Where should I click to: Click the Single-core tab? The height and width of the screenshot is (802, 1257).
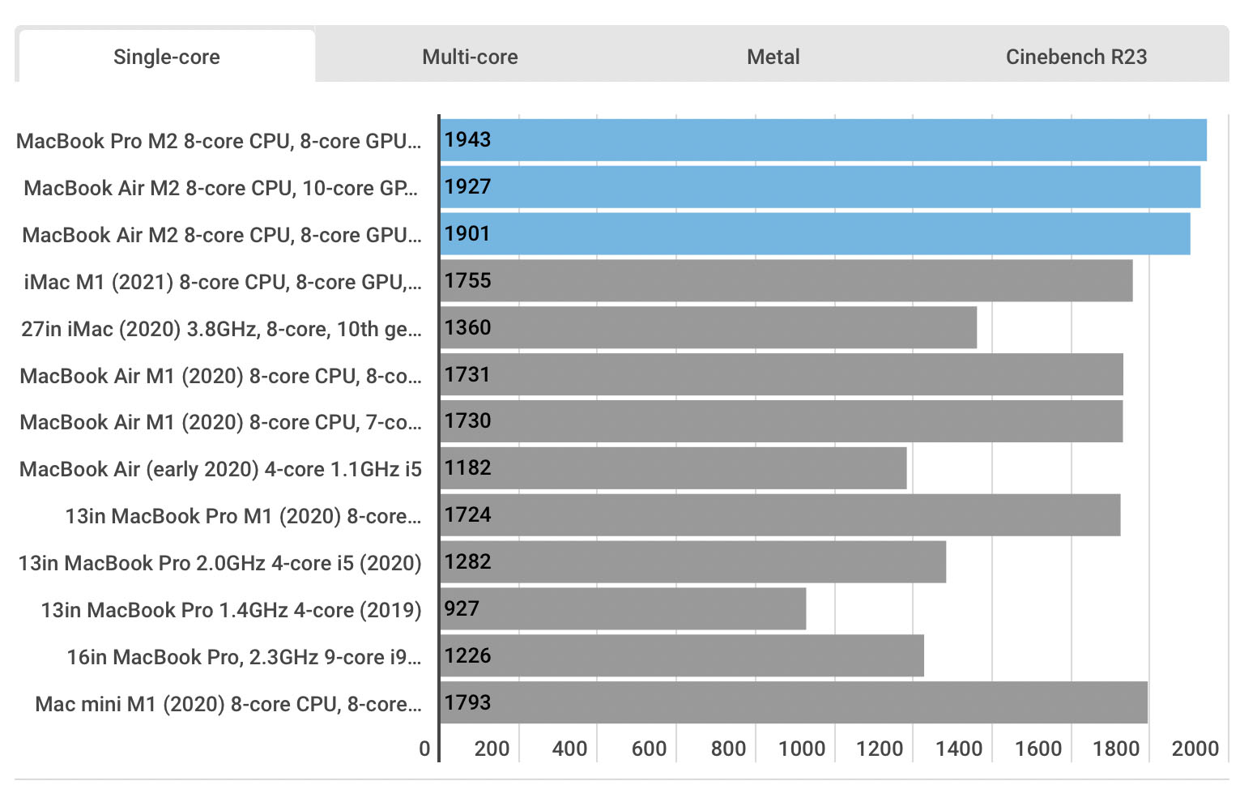[x=167, y=57]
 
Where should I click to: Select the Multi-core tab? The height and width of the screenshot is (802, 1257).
[x=470, y=57]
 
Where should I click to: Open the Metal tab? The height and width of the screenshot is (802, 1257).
[x=773, y=57]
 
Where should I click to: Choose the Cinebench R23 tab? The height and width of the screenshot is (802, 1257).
[x=1076, y=57]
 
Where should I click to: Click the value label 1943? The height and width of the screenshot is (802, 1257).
[x=467, y=140]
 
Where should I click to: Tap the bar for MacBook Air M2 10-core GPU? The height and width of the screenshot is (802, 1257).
[x=820, y=187]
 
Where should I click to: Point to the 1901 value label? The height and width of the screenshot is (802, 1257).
[x=467, y=233]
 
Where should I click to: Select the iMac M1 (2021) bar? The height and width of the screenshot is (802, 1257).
[x=786, y=280]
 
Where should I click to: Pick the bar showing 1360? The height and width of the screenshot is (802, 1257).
[x=708, y=327]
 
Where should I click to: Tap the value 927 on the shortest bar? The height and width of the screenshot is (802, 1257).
[x=462, y=608]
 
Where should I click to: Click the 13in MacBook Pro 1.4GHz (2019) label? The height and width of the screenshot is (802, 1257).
[x=231, y=611]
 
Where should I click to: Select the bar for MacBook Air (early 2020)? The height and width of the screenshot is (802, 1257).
[x=673, y=468]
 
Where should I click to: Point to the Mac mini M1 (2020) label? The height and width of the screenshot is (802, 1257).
[x=228, y=704]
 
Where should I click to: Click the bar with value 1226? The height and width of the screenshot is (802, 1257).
[x=682, y=655]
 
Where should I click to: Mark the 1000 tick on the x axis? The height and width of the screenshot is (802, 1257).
[x=801, y=749]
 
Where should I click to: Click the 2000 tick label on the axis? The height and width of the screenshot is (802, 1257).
[x=1195, y=749]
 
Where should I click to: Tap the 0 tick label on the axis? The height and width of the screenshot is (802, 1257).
[x=424, y=749]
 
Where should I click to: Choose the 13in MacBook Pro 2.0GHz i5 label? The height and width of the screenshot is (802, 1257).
[x=220, y=564]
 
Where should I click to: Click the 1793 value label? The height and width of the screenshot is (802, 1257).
[x=467, y=702]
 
